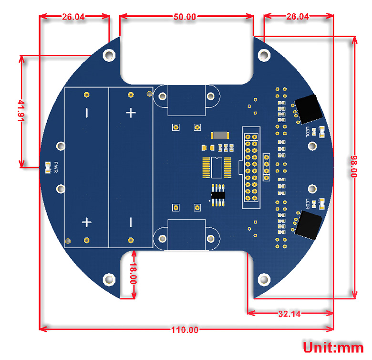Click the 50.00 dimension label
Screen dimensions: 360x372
[185, 16]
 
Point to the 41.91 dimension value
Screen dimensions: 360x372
[21, 111]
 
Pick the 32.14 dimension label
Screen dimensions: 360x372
[289, 314]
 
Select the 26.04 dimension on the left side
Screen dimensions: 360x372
[73, 16]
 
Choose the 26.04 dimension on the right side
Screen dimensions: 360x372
[298, 16]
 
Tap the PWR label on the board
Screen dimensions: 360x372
[56, 168]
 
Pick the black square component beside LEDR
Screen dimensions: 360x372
[309, 224]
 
